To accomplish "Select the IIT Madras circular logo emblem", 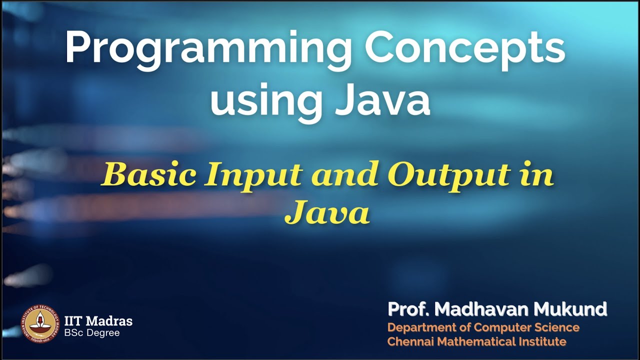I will coord(39,323).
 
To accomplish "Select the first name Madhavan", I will coord(481,309).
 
